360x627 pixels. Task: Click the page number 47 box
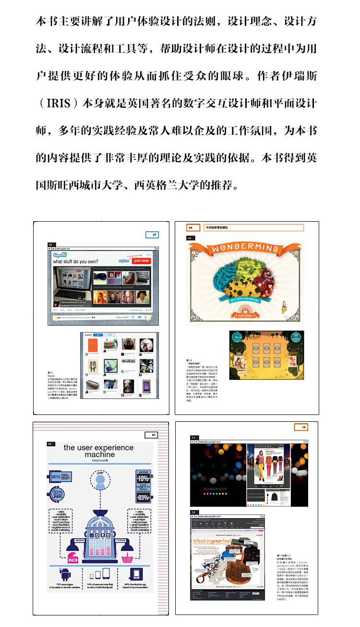coord(152,235)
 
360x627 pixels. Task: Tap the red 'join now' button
coord(142,260)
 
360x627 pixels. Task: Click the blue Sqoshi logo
coord(60,254)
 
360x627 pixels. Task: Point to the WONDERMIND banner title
coord(245,248)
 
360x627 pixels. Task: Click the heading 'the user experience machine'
coord(99,450)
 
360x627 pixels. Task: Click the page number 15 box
coord(301,427)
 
